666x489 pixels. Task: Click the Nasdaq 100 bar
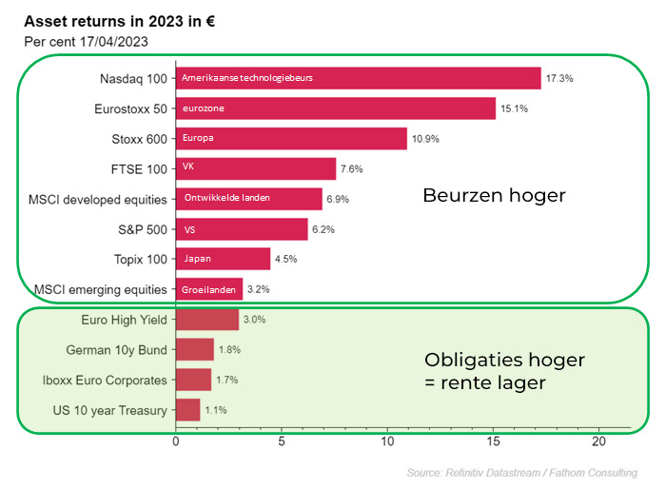[358, 78]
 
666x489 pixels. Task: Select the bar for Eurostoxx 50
[335, 108]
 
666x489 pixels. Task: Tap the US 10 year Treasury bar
[188, 410]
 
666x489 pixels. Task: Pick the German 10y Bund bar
[195, 350]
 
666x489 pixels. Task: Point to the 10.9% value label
[426, 139]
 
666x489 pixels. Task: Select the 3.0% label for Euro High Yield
[254, 320]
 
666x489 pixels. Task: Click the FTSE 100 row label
[139, 169]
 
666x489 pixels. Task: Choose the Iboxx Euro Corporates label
[106, 380]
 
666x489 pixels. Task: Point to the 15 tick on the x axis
[493, 441]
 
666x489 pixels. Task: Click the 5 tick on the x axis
[282, 441]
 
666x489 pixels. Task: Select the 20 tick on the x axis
[598, 441]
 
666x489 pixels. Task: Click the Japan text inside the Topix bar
[197, 259]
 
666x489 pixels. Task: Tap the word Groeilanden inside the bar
[209, 289]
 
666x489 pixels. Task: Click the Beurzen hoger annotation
[494, 195]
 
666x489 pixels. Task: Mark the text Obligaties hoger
[504, 361]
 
